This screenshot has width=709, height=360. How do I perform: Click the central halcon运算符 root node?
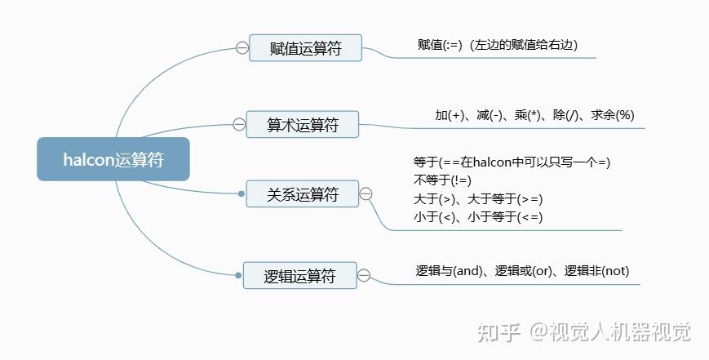pyautogui.click(x=113, y=159)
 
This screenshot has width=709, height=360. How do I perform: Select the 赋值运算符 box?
pyautogui.click(x=305, y=48)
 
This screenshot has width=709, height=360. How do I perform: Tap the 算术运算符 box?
pyautogui.click(x=303, y=125)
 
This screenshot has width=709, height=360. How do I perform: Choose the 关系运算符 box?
pyautogui.click(x=303, y=194)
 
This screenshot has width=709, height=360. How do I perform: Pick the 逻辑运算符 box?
pyautogui.click(x=300, y=276)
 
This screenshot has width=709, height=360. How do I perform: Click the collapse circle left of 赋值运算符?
pyautogui.click(x=242, y=48)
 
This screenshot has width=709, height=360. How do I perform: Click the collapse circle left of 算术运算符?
pyautogui.click(x=239, y=125)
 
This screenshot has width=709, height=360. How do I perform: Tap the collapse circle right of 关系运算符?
pyautogui.click(x=366, y=193)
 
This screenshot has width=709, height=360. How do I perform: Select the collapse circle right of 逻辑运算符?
pyautogui.click(x=365, y=276)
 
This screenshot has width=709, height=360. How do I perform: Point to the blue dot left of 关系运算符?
pyautogui.click(x=240, y=193)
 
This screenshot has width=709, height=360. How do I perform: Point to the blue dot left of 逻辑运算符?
pyautogui.click(x=238, y=275)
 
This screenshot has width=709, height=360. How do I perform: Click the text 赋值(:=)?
pyautogui.click(x=439, y=45)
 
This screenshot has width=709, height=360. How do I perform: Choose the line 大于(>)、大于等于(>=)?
pyautogui.click(x=478, y=198)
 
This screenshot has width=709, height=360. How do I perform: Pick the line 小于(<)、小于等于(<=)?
pyautogui.click(x=478, y=216)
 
